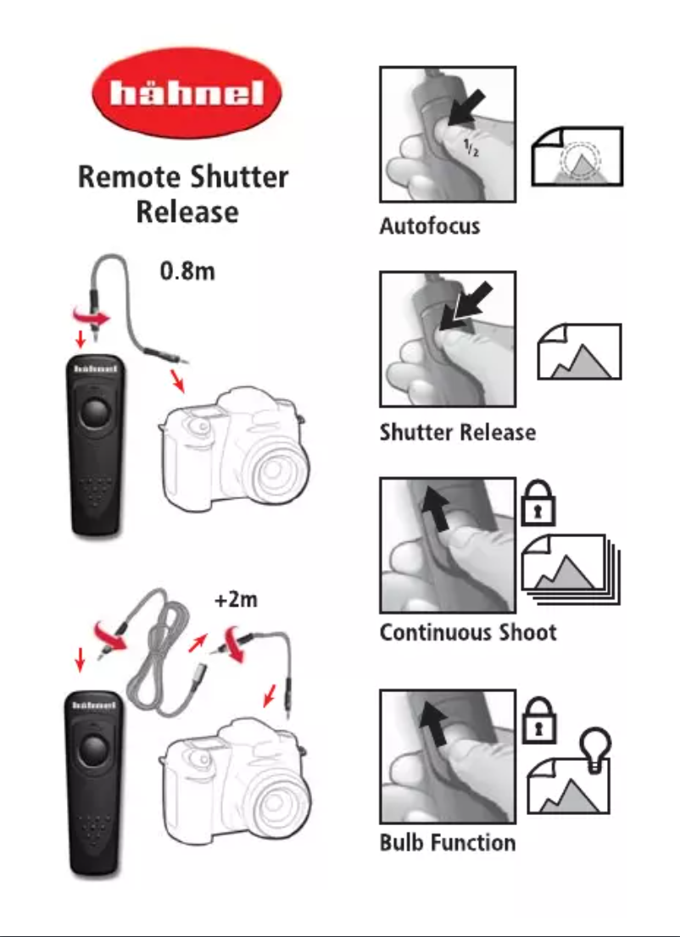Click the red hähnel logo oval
[187, 92]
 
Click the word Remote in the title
[129, 177]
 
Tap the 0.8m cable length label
[187, 271]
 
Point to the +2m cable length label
[236, 599]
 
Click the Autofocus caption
[429, 226]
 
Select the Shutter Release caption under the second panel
[458, 432]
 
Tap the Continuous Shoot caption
[468, 632]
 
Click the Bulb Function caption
[448, 843]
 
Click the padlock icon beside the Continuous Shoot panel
[538, 502]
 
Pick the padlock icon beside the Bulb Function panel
[539, 720]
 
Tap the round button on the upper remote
[95, 413]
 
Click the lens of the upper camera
[274, 470]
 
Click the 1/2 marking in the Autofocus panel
[472, 147]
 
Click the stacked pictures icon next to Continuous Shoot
[571, 570]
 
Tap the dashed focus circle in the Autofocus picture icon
[579, 159]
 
